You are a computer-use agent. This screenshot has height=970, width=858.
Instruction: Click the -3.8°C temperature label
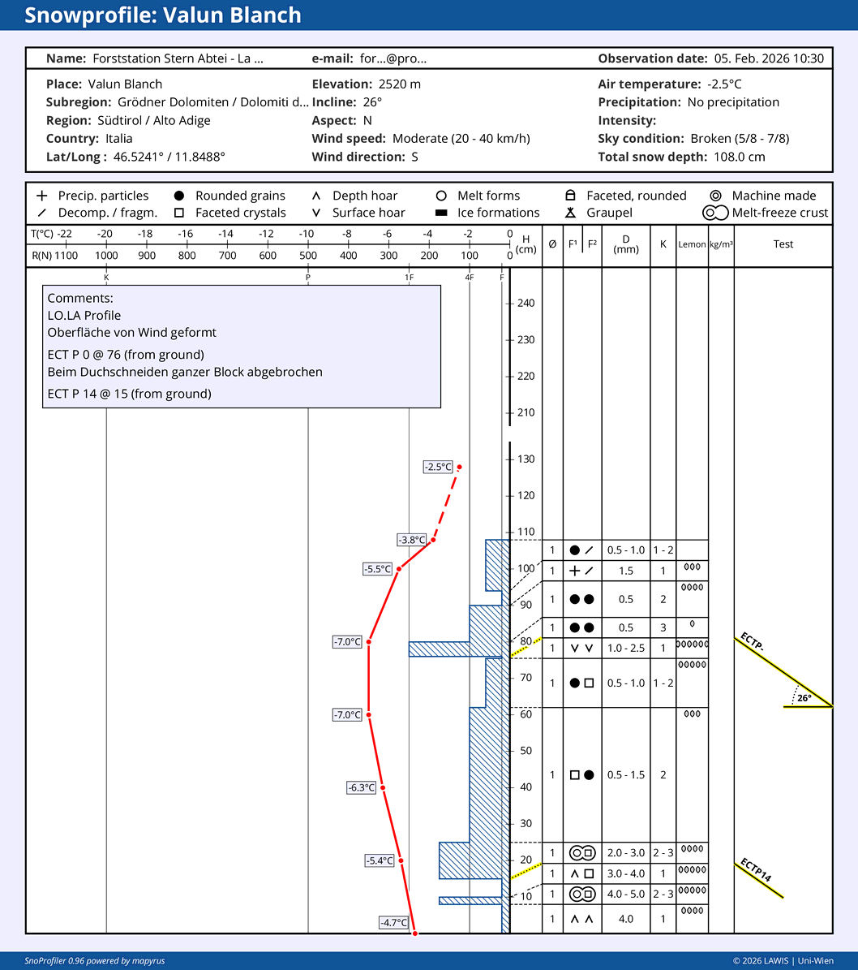pyautogui.click(x=411, y=540)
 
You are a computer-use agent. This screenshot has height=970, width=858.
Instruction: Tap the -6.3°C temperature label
pyautogui.click(x=362, y=787)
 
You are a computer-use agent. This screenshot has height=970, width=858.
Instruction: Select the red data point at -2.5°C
pyautogui.click(x=459, y=467)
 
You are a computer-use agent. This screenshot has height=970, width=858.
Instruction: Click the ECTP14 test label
pyautogui.click(x=756, y=872)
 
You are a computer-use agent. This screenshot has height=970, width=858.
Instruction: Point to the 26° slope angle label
pyautogui.click(x=803, y=697)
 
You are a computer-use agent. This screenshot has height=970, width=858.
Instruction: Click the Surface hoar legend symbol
pyautogui.click(x=316, y=213)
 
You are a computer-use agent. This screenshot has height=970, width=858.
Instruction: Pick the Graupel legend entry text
pyautogui.click(x=609, y=213)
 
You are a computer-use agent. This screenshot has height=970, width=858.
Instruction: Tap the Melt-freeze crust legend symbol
pyautogui.click(x=714, y=213)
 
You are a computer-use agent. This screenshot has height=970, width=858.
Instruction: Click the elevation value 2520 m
pyautogui.click(x=400, y=84)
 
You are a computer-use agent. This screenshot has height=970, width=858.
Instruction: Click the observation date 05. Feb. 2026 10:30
pyautogui.click(x=769, y=58)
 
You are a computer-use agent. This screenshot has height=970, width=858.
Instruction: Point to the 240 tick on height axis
pyautogui.click(x=526, y=304)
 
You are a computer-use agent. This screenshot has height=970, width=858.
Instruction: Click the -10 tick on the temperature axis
pyautogui.click(x=307, y=235)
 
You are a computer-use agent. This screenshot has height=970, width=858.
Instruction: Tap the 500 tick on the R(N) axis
pyautogui.click(x=308, y=255)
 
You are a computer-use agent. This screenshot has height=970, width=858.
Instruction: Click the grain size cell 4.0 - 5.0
pyautogui.click(x=626, y=894)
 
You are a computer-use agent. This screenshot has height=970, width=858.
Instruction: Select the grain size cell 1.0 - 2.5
pyautogui.click(x=626, y=648)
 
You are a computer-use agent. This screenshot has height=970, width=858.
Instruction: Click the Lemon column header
pyautogui.click(x=692, y=244)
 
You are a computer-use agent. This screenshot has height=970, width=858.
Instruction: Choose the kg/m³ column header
pyautogui.click(x=721, y=244)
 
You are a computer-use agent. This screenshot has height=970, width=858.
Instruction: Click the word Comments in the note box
pyautogui.click(x=79, y=298)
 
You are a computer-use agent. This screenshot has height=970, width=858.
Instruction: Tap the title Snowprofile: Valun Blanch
pyautogui.click(x=163, y=15)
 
